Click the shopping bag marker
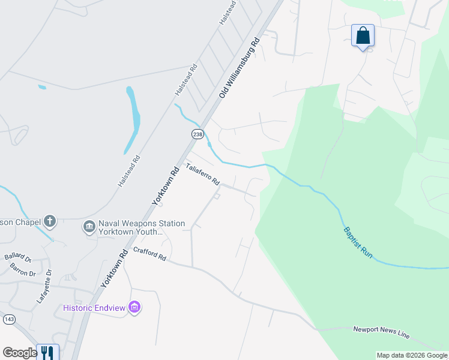point(363,36)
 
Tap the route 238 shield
point(197,134)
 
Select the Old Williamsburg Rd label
point(239,68)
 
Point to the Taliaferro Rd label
point(202,174)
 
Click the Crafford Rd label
point(149,254)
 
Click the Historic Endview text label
point(94,308)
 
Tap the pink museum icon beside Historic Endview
point(134,308)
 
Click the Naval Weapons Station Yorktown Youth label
point(133,227)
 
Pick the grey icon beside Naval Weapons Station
point(89,226)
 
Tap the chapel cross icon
point(50,222)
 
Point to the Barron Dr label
point(23,269)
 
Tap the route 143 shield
point(9,319)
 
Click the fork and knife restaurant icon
point(47,352)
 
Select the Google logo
point(20,353)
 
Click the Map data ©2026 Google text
point(412,355)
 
